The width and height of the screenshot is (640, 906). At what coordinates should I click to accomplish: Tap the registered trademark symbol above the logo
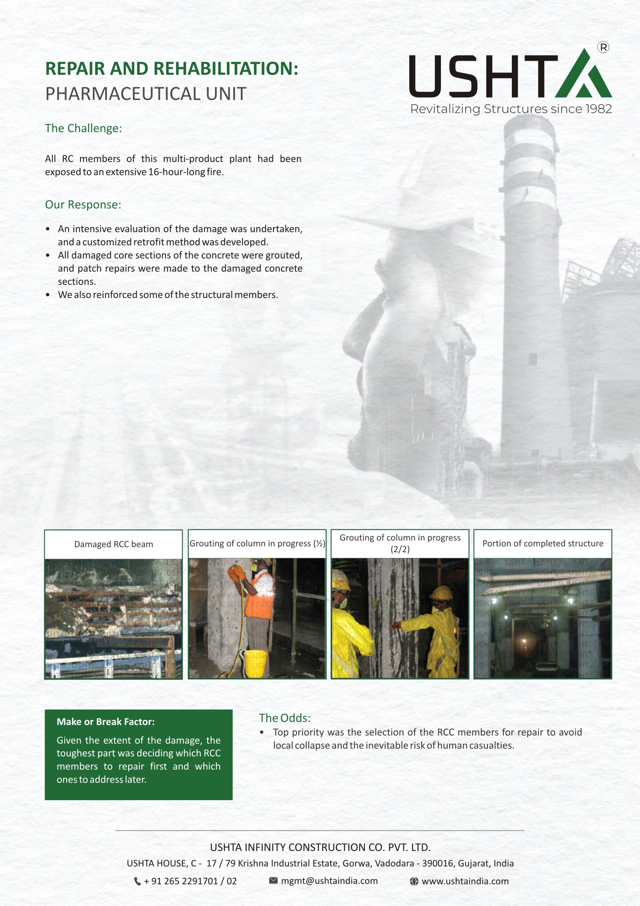point(603,47)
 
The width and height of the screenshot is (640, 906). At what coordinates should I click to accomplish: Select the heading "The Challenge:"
point(83,128)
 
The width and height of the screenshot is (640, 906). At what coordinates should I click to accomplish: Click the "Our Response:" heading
point(83,204)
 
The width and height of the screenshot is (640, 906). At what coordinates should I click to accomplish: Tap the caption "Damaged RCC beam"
point(113,544)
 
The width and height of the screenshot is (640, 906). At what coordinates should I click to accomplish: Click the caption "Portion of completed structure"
point(542,543)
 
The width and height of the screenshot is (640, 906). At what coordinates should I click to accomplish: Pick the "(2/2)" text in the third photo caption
point(400,549)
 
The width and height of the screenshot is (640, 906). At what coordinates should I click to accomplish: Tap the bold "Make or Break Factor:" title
point(106,722)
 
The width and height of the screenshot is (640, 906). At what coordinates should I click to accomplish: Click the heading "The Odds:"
point(284,718)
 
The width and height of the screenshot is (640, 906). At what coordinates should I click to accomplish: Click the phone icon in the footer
point(137,881)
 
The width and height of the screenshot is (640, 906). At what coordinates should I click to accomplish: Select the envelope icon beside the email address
point(273,880)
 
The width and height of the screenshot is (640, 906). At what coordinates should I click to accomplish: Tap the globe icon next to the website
point(414,881)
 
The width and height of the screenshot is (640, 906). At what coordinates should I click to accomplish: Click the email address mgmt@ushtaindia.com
point(329,881)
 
